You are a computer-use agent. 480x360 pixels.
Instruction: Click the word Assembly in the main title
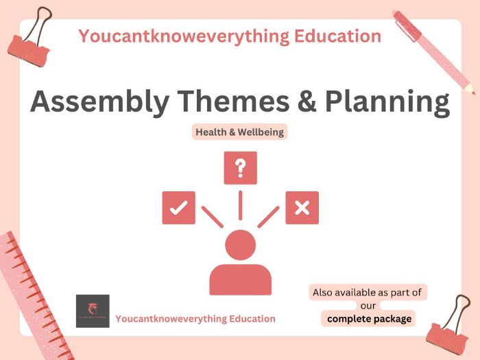pyautogui.click(x=91, y=101)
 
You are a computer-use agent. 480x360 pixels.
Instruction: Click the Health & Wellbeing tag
pyautogui.click(x=239, y=132)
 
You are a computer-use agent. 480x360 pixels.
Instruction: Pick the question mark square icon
pyautogui.click(x=240, y=168)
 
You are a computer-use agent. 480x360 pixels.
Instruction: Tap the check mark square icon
pyautogui.click(x=178, y=208)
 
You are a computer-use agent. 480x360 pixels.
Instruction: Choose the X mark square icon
pyautogui.click(x=302, y=208)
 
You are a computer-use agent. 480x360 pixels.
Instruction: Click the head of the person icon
pyautogui.click(x=240, y=245)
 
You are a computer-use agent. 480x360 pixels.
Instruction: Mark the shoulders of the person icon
pyautogui.click(x=240, y=279)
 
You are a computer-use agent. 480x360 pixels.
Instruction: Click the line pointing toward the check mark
pyautogui.click(x=213, y=217)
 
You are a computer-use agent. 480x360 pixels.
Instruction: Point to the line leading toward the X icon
pyautogui.click(x=267, y=217)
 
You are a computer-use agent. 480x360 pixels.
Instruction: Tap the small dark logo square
pyautogui.click(x=93, y=311)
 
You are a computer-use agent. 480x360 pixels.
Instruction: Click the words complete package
pyautogui.click(x=369, y=319)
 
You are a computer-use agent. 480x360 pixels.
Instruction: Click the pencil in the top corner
pyautogui.click(x=434, y=51)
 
